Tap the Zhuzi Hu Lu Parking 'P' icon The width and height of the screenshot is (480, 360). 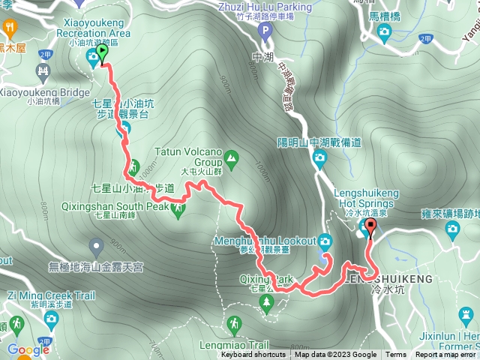click(264, 31)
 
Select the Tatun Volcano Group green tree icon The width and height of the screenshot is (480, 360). click(230, 158)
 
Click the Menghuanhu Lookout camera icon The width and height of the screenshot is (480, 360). click(325, 241)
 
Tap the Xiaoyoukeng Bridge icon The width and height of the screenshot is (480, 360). click(43, 73)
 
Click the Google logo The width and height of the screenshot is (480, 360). click(28, 349)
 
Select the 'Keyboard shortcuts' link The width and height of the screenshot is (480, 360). click(253, 355)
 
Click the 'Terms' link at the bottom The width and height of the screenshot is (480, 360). click(396, 355)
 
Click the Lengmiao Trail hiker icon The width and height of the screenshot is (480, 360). click(234, 324)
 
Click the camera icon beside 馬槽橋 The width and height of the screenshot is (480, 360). click(385, 31)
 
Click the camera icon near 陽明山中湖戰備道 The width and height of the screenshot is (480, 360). click(319, 157)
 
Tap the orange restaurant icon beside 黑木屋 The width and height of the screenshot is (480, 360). click(11, 27)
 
